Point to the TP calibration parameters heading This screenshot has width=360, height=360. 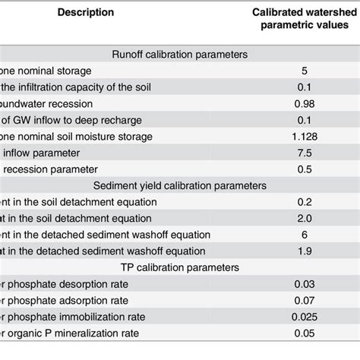pyautogui.click(x=179, y=268)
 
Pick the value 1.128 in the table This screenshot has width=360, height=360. pyautogui.click(x=303, y=136)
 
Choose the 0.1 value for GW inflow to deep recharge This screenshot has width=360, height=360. pyautogui.click(x=303, y=120)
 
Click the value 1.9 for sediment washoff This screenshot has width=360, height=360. pyautogui.click(x=303, y=251)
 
